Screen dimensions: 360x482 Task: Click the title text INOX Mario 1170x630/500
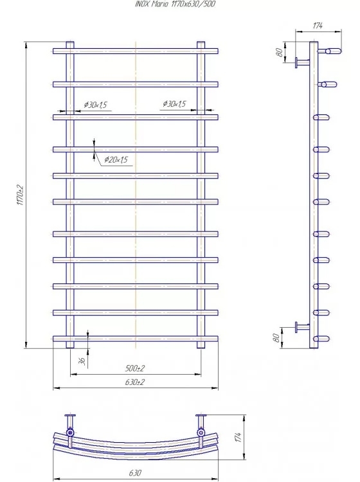[x=175, y=4]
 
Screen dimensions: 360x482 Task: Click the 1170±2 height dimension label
[x=21, y=195]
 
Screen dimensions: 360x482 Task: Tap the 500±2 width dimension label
[x=135, y=368]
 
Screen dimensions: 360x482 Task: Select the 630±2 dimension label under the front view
[x=135, y=382]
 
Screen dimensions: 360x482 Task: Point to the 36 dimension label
[x=82, y=361]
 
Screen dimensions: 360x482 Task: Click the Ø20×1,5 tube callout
[x=116, y=159]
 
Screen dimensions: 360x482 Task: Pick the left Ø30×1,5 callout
[x=95, y=105]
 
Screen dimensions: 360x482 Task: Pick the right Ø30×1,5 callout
[x=174, y=104]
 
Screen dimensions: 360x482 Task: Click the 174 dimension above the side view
[x=318, y=26]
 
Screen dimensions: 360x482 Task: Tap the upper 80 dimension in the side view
[x=279, y=52]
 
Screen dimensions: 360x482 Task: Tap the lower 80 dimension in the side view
[x=276, y=337]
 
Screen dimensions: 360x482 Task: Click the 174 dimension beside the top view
[x=239, y=437]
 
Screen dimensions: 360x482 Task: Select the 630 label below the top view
[x=135, y=473]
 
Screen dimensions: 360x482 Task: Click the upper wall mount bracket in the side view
[x=302, y=63]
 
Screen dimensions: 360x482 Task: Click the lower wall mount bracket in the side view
[x=302, y=327]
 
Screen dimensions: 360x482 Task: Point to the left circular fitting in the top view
[x=70, y=433]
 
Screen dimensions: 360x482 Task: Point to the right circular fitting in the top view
[x=201, y=433]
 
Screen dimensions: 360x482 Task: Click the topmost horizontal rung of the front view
[x=135, y=51]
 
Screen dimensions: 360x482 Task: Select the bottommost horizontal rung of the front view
[x=135, y=339]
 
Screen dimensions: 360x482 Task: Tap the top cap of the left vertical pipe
[x=70, y=42]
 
